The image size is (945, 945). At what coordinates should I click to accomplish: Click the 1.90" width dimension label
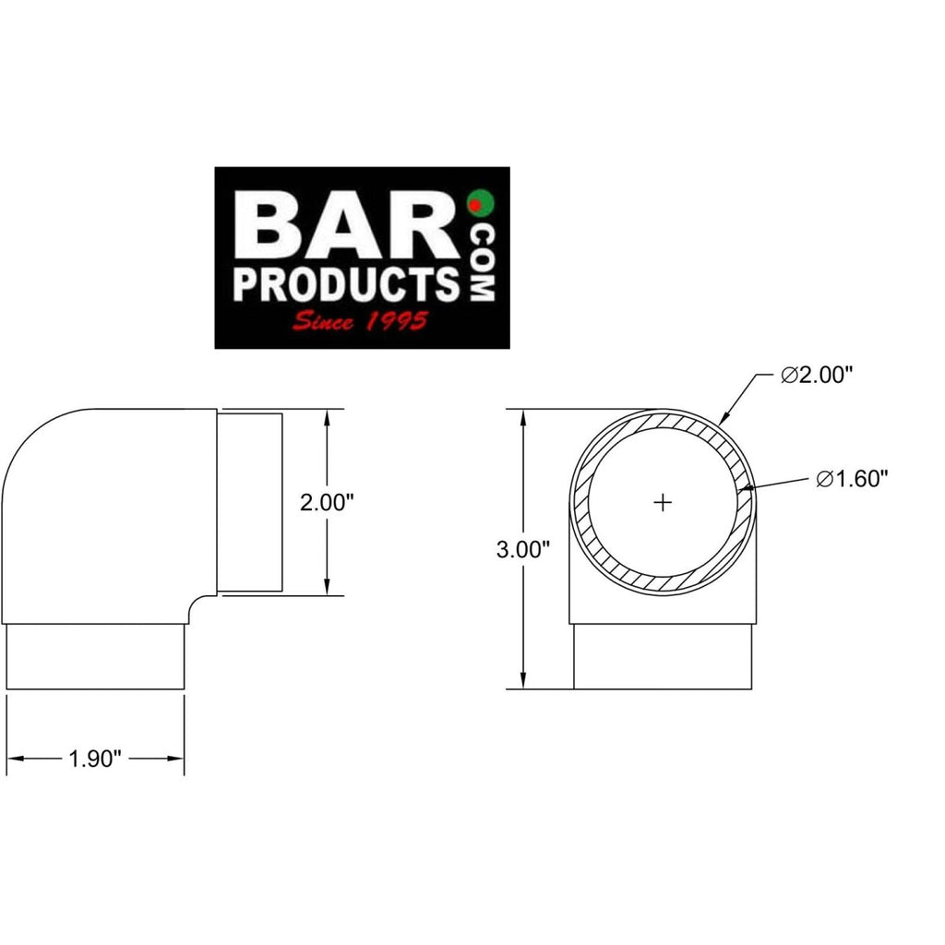click(96, 759)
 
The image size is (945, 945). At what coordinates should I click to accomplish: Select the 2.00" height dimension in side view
click(329, 503)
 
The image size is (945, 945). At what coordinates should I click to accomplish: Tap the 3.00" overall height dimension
click(523, 550)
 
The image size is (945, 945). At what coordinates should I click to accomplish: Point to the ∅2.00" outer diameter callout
click(815, 376)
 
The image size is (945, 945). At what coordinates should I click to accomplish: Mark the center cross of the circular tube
click(663, 502)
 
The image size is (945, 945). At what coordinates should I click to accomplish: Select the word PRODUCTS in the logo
click(346, 284)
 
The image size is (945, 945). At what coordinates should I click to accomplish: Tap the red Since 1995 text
click(359, 322)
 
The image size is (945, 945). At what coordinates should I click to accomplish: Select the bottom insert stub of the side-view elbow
click(96, 657)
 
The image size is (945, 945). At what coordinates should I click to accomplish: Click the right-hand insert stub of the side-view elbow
click(250, 503)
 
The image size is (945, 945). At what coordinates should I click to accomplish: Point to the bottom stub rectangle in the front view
click(663, 657)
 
